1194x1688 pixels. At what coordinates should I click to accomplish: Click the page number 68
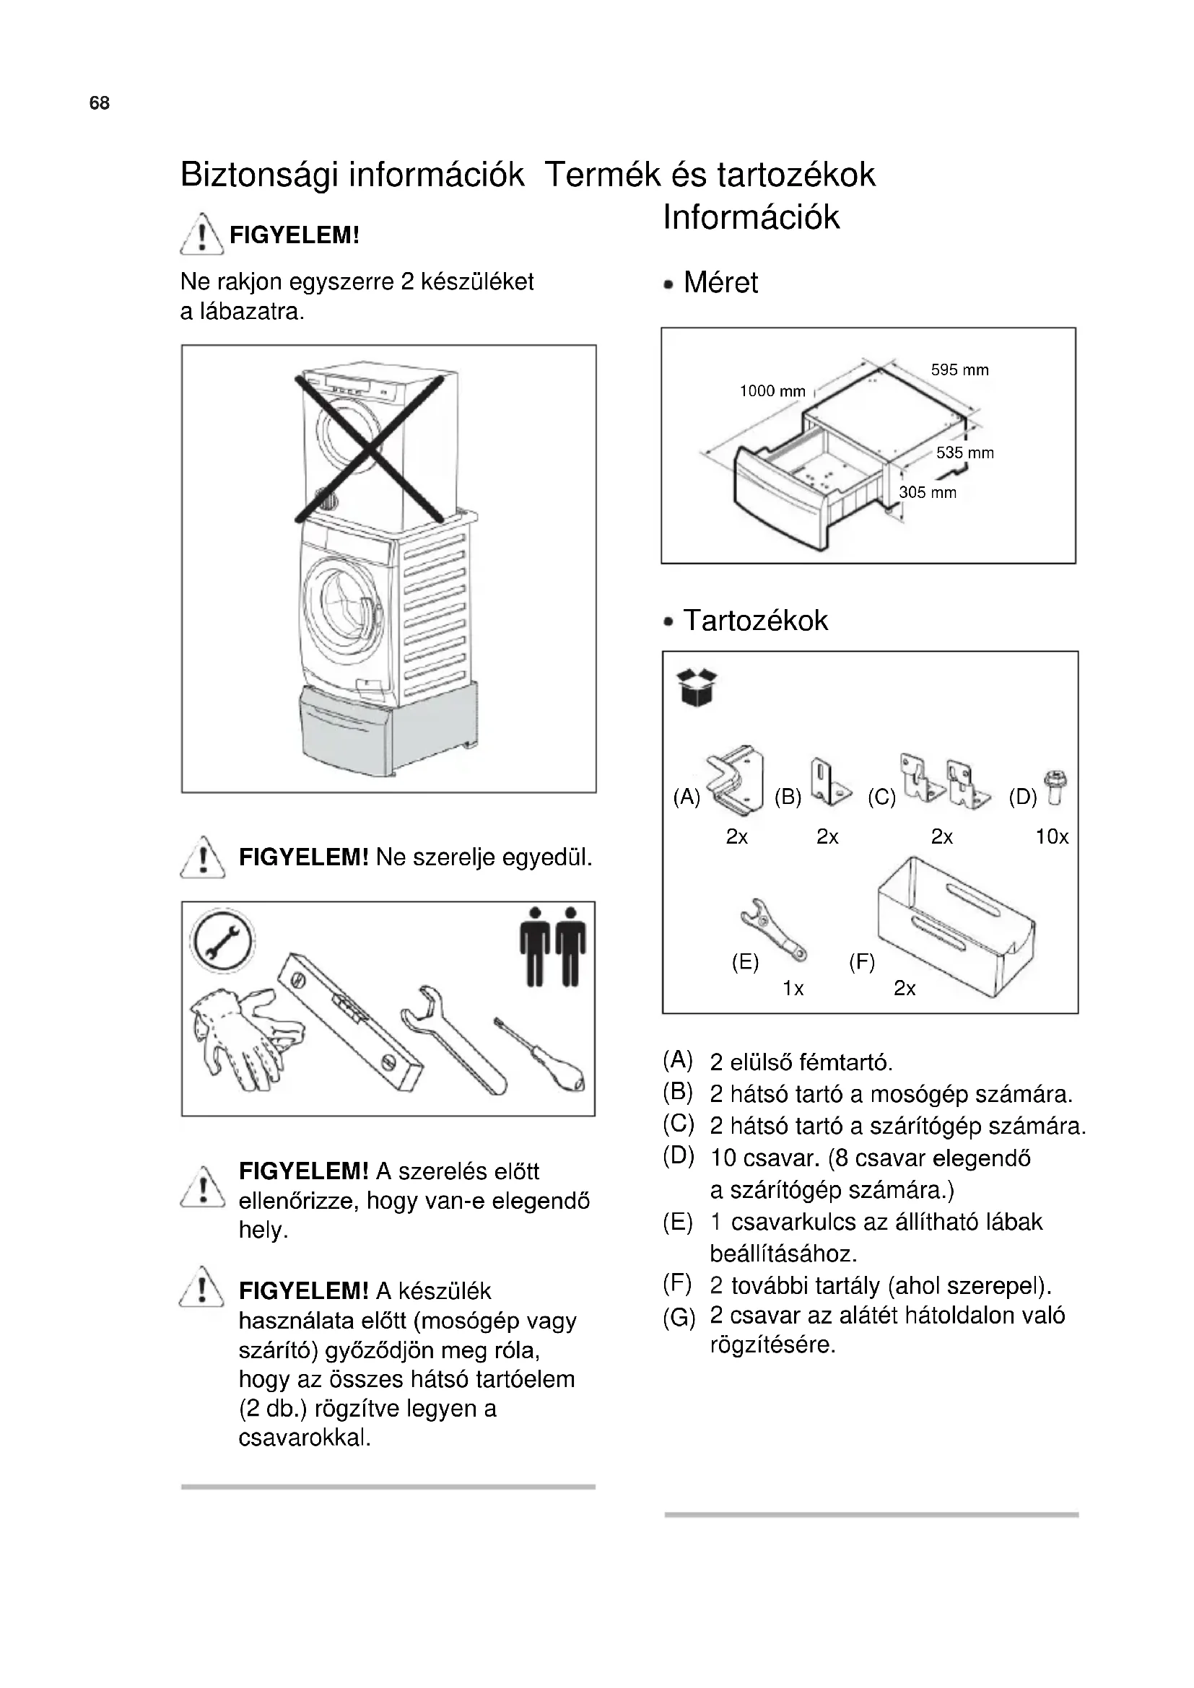tap(99, 103)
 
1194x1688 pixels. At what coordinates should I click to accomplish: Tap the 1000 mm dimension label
tap(772, 391)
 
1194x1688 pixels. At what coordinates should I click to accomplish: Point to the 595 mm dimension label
tap(959, 369)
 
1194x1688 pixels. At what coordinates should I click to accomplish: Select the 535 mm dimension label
tap(964, 453)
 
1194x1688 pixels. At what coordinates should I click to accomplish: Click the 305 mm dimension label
tap(928, 493)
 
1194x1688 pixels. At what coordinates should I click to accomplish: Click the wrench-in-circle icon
tap(222, 940)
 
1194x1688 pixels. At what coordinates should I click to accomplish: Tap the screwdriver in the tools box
tap(541, 1055)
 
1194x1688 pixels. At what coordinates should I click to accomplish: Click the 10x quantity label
tap(1052, 836)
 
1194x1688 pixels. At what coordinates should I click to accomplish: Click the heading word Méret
tap(720, 282)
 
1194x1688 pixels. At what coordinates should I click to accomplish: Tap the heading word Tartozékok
tap(755, 621)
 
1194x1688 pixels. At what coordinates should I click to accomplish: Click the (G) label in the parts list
tap(678, 1319)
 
